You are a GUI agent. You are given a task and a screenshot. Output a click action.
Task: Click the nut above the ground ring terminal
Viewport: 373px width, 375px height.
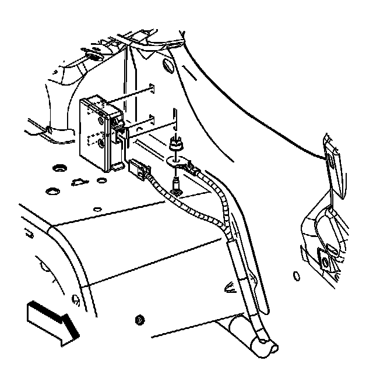174,143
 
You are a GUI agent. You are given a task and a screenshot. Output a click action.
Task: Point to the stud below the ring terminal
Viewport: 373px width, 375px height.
175,188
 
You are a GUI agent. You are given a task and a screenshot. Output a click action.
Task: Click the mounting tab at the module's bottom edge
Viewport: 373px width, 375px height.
117,167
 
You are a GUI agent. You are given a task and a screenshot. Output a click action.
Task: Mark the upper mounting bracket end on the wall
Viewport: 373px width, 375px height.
152,87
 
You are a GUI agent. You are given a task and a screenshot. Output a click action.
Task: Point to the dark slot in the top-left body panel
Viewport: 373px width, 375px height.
93,56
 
